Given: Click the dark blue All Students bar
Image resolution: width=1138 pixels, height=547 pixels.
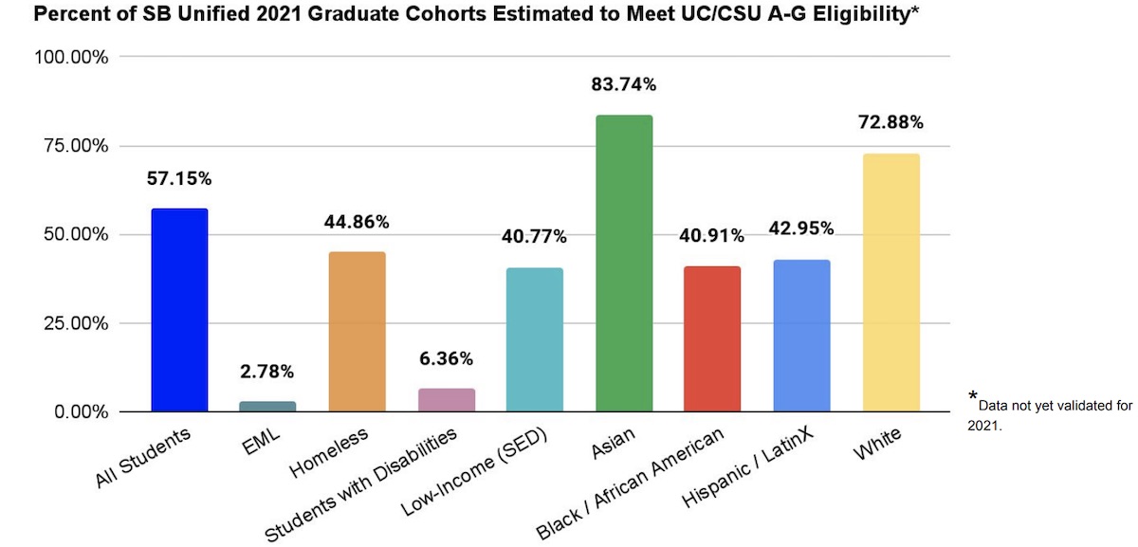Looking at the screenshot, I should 178,310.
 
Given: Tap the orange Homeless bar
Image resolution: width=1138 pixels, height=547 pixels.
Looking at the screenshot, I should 357,331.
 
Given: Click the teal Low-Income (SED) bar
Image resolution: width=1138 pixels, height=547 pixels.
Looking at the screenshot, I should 535,339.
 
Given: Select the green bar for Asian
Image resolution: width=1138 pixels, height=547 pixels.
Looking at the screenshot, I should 624,263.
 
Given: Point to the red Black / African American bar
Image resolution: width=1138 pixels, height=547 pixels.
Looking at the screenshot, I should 712,338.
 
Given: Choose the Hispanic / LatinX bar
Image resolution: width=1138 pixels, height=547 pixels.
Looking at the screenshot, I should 801,336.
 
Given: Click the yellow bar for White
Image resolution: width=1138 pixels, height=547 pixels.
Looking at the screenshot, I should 890,283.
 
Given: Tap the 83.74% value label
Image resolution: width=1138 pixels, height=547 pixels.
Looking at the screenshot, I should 623,84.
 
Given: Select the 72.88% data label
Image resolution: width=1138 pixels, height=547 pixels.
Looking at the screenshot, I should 890,122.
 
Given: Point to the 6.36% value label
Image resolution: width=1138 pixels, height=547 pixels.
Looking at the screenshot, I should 446,358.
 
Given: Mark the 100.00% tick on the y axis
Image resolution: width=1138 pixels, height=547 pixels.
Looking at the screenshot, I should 73,57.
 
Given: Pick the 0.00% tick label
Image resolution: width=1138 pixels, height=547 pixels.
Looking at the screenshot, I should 81,412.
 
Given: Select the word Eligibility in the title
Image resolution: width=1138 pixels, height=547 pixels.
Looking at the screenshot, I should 865,15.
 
